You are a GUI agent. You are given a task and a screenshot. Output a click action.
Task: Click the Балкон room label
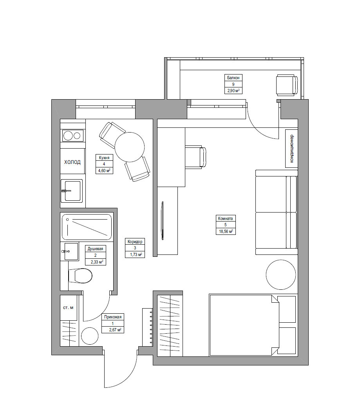pyautogui.click(x=233, y=77)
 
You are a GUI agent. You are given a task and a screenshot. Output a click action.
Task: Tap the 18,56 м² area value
pyautogui.click(x=225, y=231)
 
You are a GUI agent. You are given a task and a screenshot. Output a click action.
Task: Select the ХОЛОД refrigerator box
pyautogui.click(x=72, y=162)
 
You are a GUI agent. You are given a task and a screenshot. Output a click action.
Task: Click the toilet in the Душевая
pyautogui.click(x=81, y=276)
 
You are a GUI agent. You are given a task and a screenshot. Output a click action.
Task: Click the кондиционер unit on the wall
pyautogui.click(x=291, y=148)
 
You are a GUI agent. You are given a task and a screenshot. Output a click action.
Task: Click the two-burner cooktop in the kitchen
pyautogui.click(x=73, y=136)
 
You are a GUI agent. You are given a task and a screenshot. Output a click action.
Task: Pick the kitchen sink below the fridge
pyautogui.click(x=72, y=191)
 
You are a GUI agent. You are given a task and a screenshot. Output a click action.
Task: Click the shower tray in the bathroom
pyautogui.click(x=87, y=227)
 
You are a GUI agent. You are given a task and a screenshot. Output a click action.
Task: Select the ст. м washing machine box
pyautogui.click(x=68, y=308)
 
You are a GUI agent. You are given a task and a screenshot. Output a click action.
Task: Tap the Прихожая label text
pyautogui.click(x=113, y=317)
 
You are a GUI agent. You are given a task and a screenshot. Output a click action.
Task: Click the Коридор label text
pyautogui.click(x=135, y=242)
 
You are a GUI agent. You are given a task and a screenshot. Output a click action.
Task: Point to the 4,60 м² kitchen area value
pyautogui.click(x=104, y=171)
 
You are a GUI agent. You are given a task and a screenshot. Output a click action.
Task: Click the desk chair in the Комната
pyautogui.click(x=195, y=156)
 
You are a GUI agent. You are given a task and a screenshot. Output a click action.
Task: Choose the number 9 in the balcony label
pyautogui.click(x=233, y=84)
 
